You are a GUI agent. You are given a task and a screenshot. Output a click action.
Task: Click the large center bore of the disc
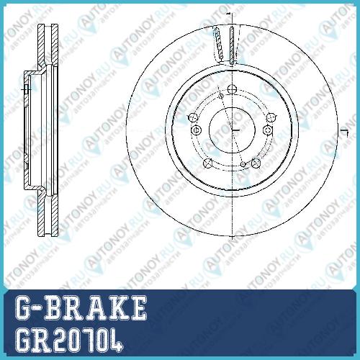232,130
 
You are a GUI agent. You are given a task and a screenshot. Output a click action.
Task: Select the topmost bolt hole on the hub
232,89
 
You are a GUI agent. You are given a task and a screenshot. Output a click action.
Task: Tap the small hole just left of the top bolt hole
221,96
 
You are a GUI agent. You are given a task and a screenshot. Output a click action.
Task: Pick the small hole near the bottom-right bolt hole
243,164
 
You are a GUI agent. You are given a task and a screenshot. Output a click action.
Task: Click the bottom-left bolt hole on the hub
208,163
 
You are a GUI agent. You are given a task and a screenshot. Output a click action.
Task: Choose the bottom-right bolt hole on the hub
256,163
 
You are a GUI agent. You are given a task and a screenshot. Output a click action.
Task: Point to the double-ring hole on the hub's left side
196,130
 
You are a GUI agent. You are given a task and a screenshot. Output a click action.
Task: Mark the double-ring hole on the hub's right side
268,130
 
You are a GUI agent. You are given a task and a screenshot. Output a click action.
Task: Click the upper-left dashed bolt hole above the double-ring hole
193,117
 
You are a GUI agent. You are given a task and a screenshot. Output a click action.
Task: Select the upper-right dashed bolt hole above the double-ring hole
271,117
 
